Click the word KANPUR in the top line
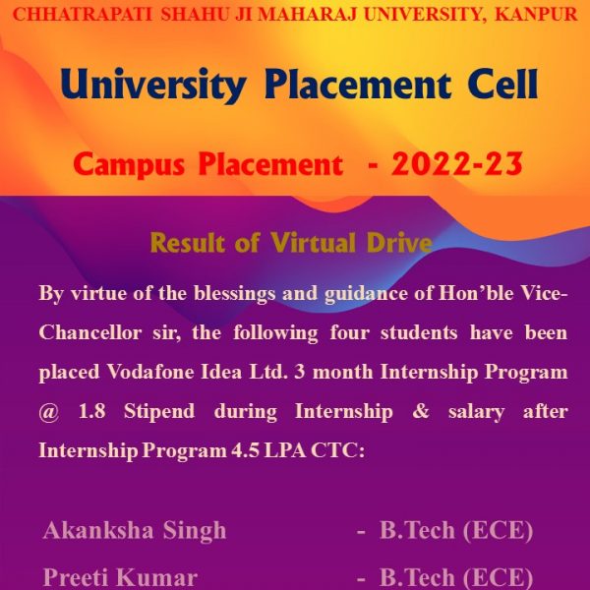point(536,15)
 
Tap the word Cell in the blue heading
point(503,85)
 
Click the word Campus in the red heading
point(129,165)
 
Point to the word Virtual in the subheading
point(313,242)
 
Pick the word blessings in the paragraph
point(235,294)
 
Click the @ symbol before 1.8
point(49,412)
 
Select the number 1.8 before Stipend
point(91,411)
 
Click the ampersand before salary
point(421,411)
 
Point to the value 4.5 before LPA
point(245,450)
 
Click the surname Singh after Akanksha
point(194,531)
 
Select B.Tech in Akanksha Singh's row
point(417,530)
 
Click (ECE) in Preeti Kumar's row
point(498,577)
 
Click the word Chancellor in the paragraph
point(90,333)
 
